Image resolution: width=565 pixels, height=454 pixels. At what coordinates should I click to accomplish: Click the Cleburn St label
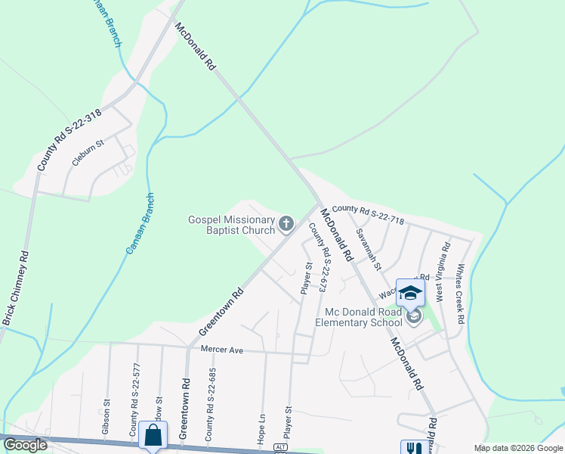88,151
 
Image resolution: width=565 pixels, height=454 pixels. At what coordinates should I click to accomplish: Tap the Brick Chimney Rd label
15,288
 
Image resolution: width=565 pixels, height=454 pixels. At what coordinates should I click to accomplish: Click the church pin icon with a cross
286,223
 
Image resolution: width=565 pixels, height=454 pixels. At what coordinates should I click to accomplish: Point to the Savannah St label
368,250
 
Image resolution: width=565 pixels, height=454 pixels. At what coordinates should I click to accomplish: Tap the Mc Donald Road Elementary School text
363,317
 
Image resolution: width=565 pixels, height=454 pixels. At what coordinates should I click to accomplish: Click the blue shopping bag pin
153,435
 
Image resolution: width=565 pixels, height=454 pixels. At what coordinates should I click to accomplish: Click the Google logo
25,445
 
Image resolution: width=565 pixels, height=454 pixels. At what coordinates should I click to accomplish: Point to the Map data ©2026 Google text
517,448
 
